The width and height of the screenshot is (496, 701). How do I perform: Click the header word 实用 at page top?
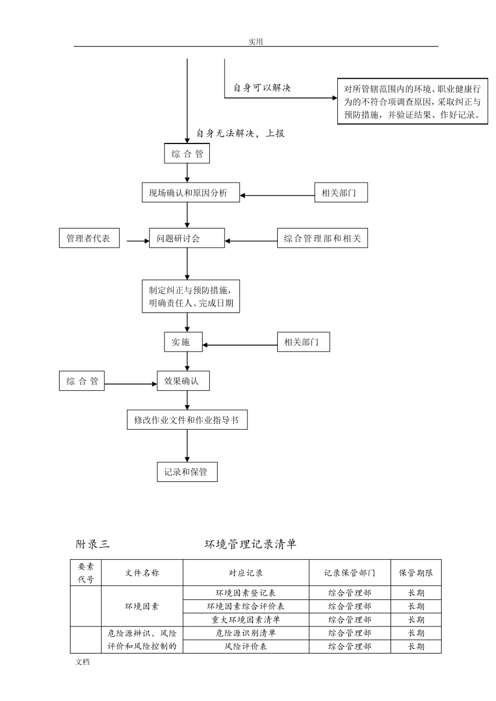(x=255, y=42)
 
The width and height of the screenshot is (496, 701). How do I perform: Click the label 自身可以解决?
(x=262, y=88)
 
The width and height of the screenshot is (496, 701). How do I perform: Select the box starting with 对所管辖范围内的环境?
(x=412, y=102)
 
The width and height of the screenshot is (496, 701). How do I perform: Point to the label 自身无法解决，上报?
(x=240, y=134)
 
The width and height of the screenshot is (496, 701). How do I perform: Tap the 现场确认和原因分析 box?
(x=191, y=192)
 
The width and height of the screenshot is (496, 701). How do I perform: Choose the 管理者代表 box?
(x=89, y=238)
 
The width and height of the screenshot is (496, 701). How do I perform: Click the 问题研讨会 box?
(x=186, y=238)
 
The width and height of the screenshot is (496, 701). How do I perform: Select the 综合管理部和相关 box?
(x=322, y=238)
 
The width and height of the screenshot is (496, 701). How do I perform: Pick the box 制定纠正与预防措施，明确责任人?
(x=191, y=296)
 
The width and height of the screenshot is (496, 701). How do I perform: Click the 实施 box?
(x=183, y=342)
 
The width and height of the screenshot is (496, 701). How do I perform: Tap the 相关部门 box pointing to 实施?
(x=303, y=342)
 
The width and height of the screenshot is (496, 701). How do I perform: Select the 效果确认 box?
(x=183, y=381)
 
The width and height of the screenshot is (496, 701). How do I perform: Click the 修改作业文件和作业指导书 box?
(x=187, y=420)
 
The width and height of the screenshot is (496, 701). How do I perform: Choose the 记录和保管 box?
(x=187, y=472)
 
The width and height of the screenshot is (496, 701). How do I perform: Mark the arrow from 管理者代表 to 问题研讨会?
(x=138, y=241)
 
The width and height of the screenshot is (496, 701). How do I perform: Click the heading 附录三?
(x=92, y=544)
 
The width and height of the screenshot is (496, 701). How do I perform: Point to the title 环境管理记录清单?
(x=250, y=544)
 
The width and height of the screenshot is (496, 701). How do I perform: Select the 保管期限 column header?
(x=416, y=573)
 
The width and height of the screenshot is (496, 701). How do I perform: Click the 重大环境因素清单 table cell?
(x=245, y=620)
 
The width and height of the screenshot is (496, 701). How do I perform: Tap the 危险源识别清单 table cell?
(x=245, y=633)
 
